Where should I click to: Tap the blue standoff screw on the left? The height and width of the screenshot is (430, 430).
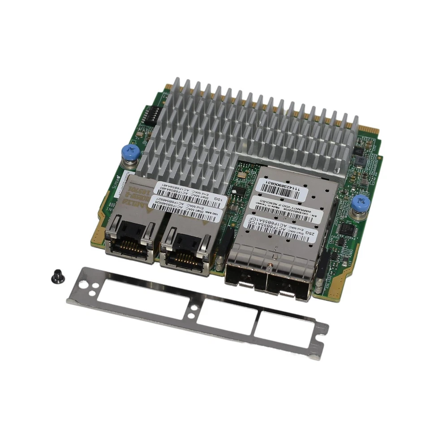pyautogui.click(x=131, y=151)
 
